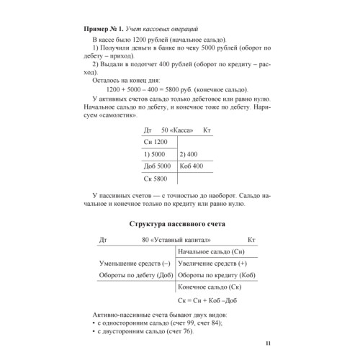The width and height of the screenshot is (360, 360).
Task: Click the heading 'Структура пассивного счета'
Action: coord(176,225)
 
